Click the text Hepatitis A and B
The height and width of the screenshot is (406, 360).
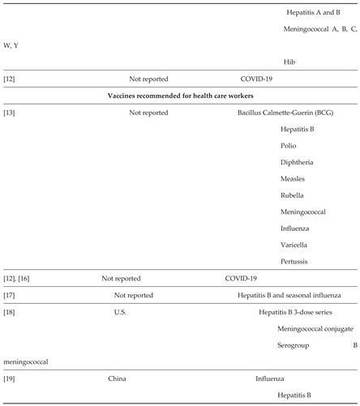(314, 13)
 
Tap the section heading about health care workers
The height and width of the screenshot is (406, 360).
(180, 96)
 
